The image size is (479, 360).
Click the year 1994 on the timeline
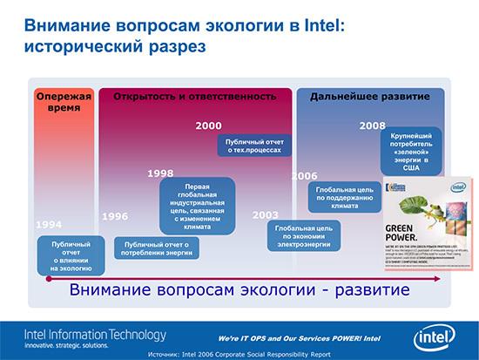pos(49,225)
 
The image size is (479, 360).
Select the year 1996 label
pos(115,216)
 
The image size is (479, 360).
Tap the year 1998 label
pos(160,173)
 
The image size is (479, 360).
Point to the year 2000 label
pos(208,126)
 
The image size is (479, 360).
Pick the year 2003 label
pos(265,214)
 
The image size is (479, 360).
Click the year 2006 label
pos(304,175)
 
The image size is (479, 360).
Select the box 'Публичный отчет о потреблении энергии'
pos(157,249)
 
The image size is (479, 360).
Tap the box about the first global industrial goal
pos(197,205)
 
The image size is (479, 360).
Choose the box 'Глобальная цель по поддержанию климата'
pos(345,197)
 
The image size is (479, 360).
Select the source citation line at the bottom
pos(239,354)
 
